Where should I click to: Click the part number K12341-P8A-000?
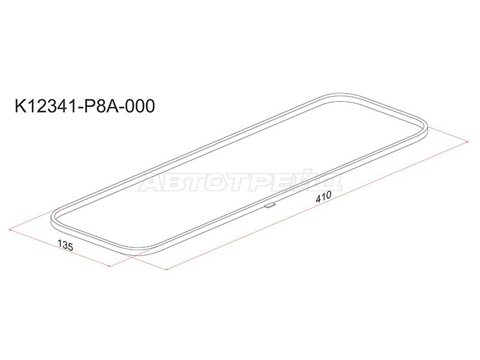click(85, 107)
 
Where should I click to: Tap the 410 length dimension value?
click(323, 197)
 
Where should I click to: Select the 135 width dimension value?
click(65, 245)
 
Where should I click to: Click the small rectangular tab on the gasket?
click(269, 205)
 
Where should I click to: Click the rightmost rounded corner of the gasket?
click(425, 127)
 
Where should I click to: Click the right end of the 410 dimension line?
click(467, 142)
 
